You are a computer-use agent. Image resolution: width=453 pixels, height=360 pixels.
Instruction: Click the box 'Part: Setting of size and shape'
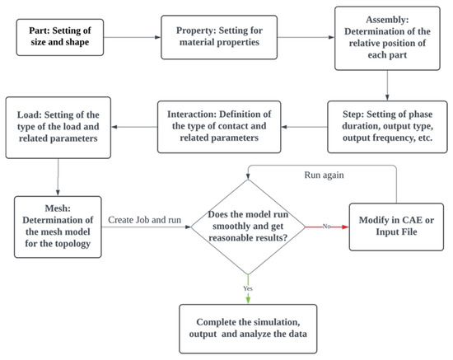click(60, 37)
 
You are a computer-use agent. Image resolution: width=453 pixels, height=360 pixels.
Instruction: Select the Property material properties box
click(219, 37)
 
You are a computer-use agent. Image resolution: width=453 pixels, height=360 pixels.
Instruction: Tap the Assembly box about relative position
click(387, 38)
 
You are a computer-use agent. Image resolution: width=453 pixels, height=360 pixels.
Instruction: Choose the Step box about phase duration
click(387, 127)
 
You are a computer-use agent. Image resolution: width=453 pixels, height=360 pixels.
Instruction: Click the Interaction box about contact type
click(219, 127)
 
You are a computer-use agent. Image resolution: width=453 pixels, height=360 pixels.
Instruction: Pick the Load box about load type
click(58, 128)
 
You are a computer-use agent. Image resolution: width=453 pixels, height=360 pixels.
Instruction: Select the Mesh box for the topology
click(58, 227)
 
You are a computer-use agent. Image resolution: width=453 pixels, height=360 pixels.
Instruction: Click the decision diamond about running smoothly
click(248, 227)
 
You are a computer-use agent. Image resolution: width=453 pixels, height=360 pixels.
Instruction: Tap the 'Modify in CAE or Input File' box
click(396, 227)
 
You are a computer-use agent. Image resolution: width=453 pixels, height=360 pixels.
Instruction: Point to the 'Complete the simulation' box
click(248, 329)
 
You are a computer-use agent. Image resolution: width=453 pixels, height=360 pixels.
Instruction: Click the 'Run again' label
click(325, 175)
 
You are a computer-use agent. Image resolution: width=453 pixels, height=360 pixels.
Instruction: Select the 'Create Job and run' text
click(144, 220)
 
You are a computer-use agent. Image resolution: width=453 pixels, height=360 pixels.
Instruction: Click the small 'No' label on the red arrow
click(326, 227)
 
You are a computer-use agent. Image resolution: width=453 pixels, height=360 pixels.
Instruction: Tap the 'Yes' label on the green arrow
click(248, 288)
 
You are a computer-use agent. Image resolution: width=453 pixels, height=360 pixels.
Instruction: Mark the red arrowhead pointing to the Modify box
click(346, 227)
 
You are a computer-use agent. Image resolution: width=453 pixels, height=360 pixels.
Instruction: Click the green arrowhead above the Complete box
click(248, 300)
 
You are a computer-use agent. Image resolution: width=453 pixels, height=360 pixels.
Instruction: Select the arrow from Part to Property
click(133, 37)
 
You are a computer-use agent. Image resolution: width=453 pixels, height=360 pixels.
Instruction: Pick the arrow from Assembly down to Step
click(387, 86)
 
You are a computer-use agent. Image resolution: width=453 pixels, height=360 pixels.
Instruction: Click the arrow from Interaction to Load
click(134, 127)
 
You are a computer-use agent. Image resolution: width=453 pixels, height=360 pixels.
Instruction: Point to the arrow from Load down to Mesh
click(58, 177)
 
